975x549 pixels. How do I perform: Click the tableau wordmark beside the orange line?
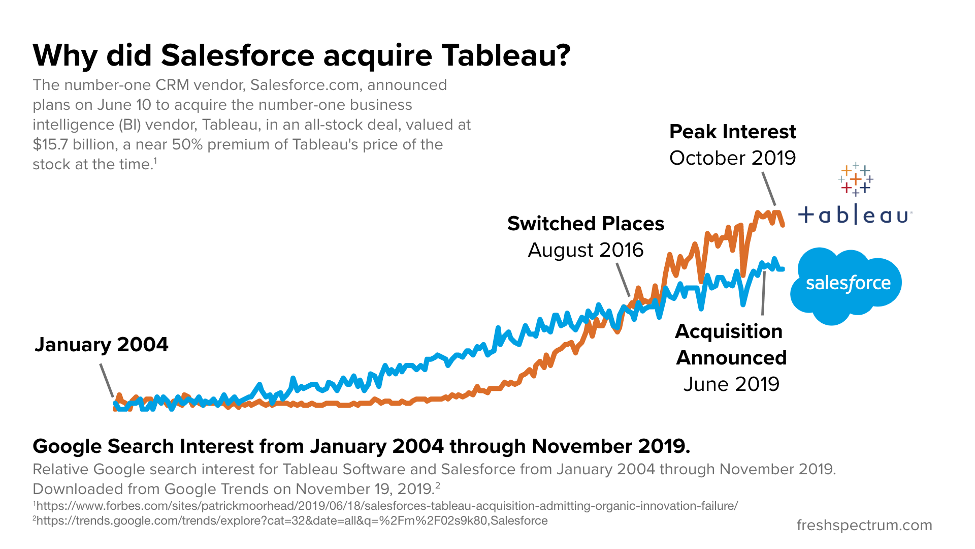tap(855, 216)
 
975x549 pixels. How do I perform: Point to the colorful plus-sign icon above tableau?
tap(856, 179)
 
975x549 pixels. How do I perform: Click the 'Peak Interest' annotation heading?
tap(732, 132)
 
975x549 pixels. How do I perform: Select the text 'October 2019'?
tap(732, 158)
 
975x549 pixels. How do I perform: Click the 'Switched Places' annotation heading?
tap(586, 224)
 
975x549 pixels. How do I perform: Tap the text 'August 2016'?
tap(586, 250)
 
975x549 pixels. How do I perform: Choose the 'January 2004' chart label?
tap(101, 345)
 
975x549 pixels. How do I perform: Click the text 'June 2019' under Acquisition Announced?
tap(731, 384)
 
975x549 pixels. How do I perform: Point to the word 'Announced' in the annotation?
tap(731, 358)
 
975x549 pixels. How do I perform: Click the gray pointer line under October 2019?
tap(768, 189)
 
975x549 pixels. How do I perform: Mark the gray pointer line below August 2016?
tap(623, 279)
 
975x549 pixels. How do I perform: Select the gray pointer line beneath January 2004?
tap(107, 380)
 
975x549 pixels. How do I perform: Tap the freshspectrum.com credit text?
tap(864, 525)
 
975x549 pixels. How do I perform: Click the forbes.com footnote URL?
tap(386, 506)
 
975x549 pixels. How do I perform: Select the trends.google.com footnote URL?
tap(290, 521)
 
